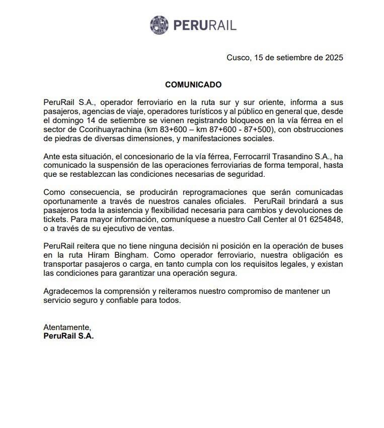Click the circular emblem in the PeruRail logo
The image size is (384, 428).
click(159, 25)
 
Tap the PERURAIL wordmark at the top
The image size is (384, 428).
click(204, 25)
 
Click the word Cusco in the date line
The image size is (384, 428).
click(237, 58)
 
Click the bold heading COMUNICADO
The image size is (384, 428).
click(193, 84)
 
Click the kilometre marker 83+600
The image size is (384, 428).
click(169, 129)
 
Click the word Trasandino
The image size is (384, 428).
click(285, 156)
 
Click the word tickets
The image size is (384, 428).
click(55, 220)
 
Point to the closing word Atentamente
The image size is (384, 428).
click(67, 327)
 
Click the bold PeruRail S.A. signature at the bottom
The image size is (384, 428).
click(68, 336)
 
